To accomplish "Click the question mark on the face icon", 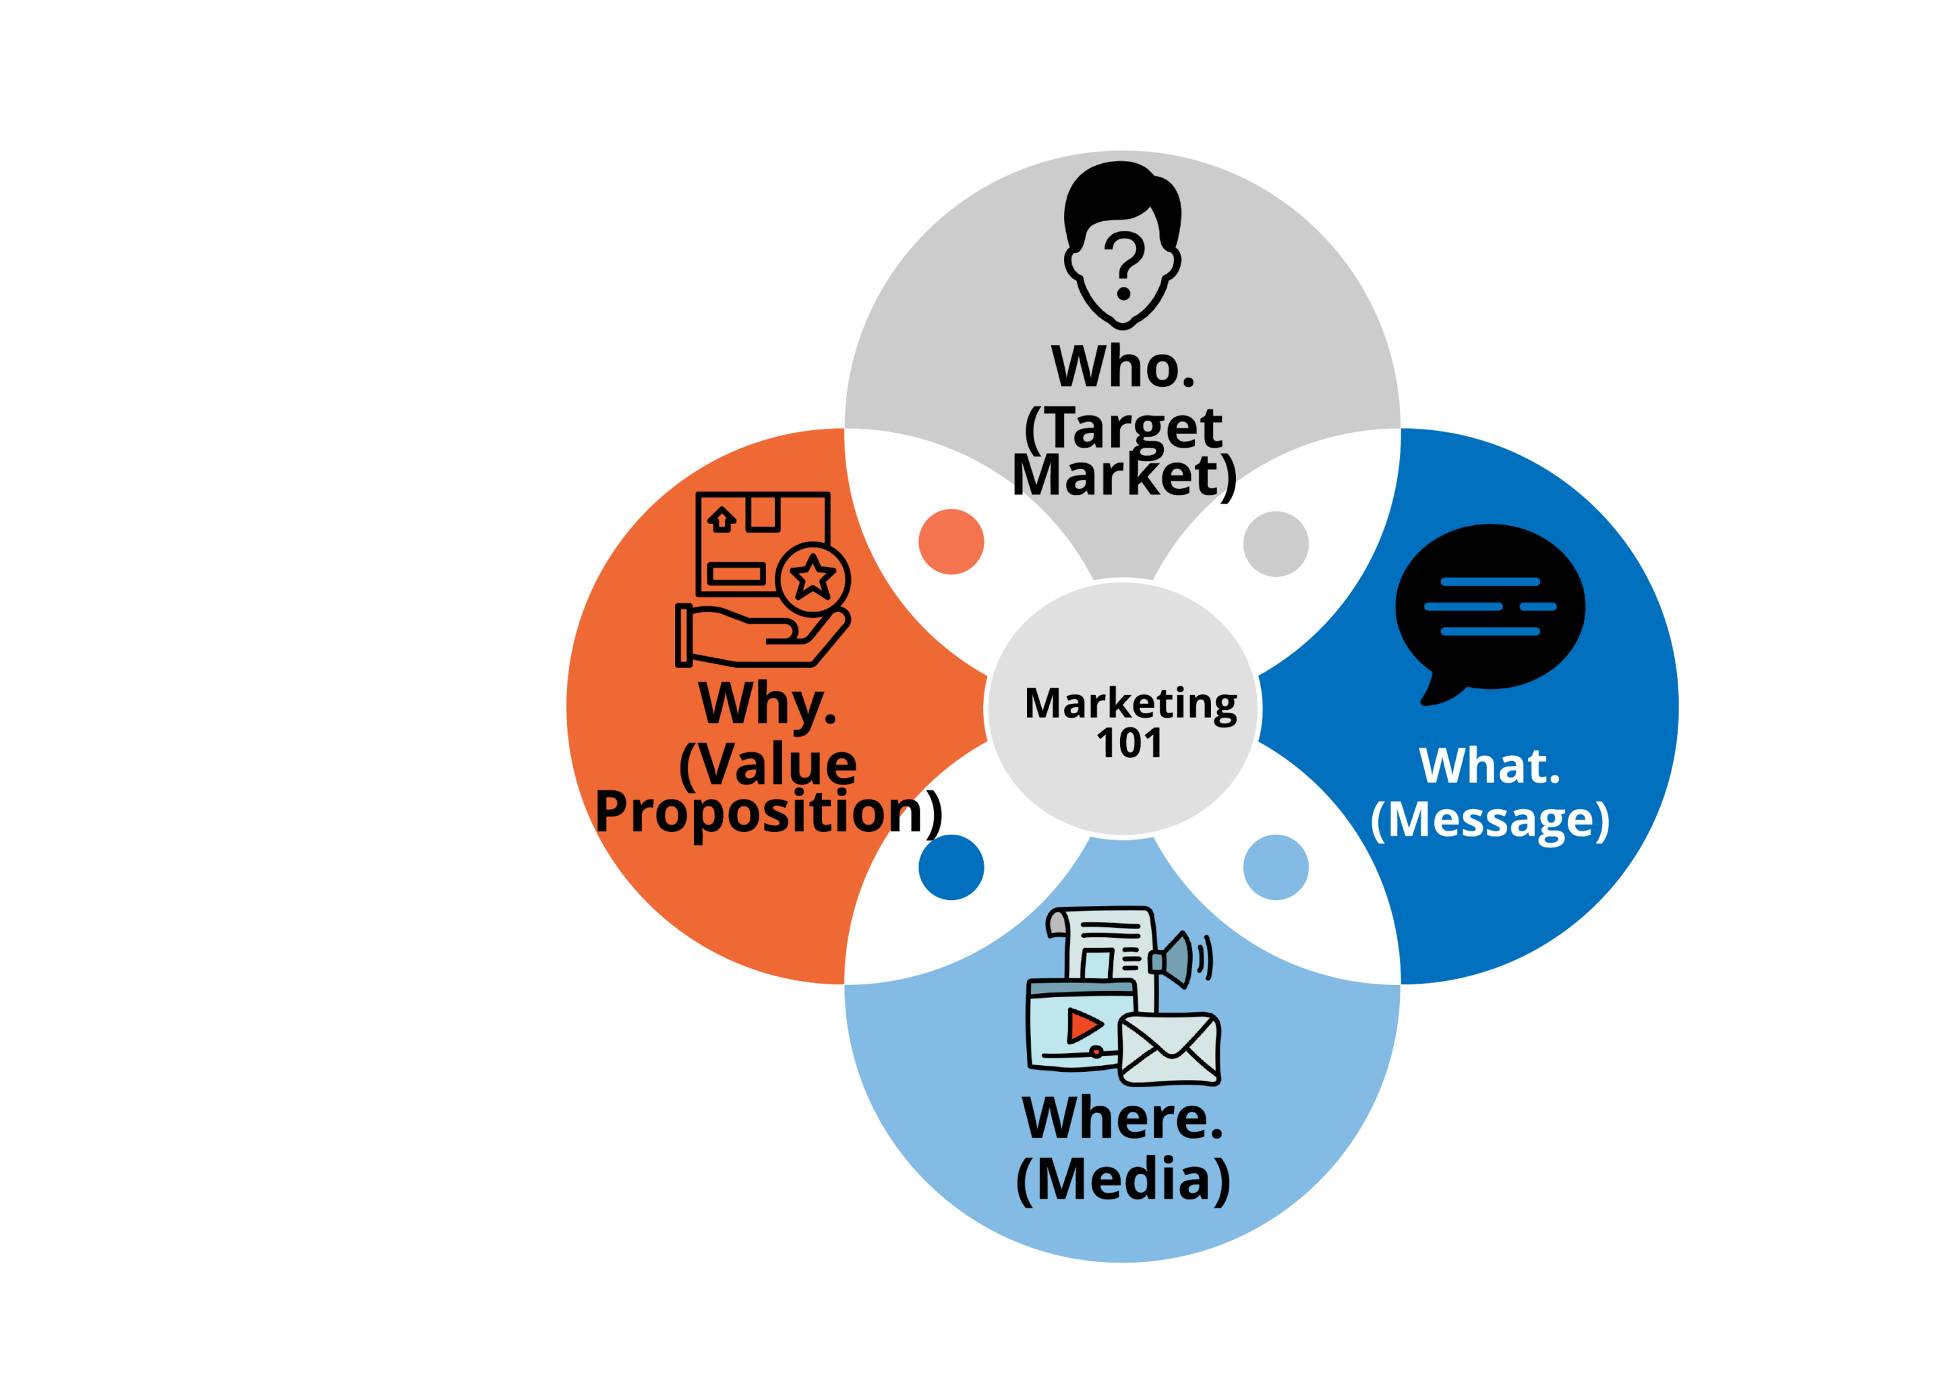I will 1125,266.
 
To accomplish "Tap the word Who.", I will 1123,367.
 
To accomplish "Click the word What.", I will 1490,766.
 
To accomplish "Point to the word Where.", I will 1123,1118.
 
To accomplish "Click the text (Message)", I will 1490,820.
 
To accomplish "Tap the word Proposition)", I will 768,812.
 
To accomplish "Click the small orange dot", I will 951,541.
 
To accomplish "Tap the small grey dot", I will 1275,543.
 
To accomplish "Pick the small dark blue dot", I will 951,867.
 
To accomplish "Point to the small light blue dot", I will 1275,867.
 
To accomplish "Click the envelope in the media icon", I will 1169,1049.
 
